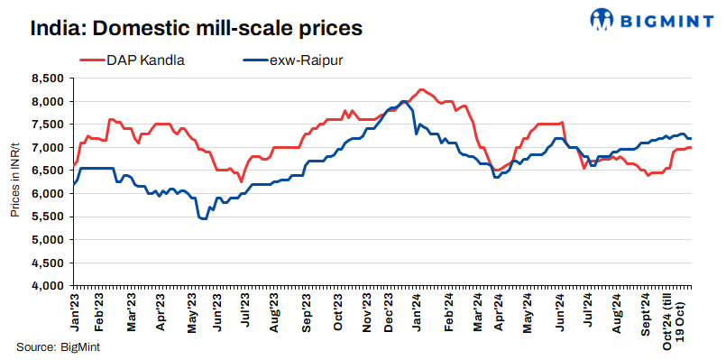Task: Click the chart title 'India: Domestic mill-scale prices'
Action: pyautogui.click(x=196, y=28)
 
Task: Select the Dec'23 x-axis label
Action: pyautogui.click(x=397, y=309)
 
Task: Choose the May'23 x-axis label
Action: pyautogui.click(x=192, y=309)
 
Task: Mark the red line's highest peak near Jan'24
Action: pyautogui.click(x=421, y=90)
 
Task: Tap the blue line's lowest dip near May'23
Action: pyautogui.click(x=203, y=219)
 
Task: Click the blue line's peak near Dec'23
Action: pyautogui.click(x=401, y=101)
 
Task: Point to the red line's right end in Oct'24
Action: pyautogui.click(x=691, y=147)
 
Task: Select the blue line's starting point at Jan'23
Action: pyautogui.click(x=72, y=189)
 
